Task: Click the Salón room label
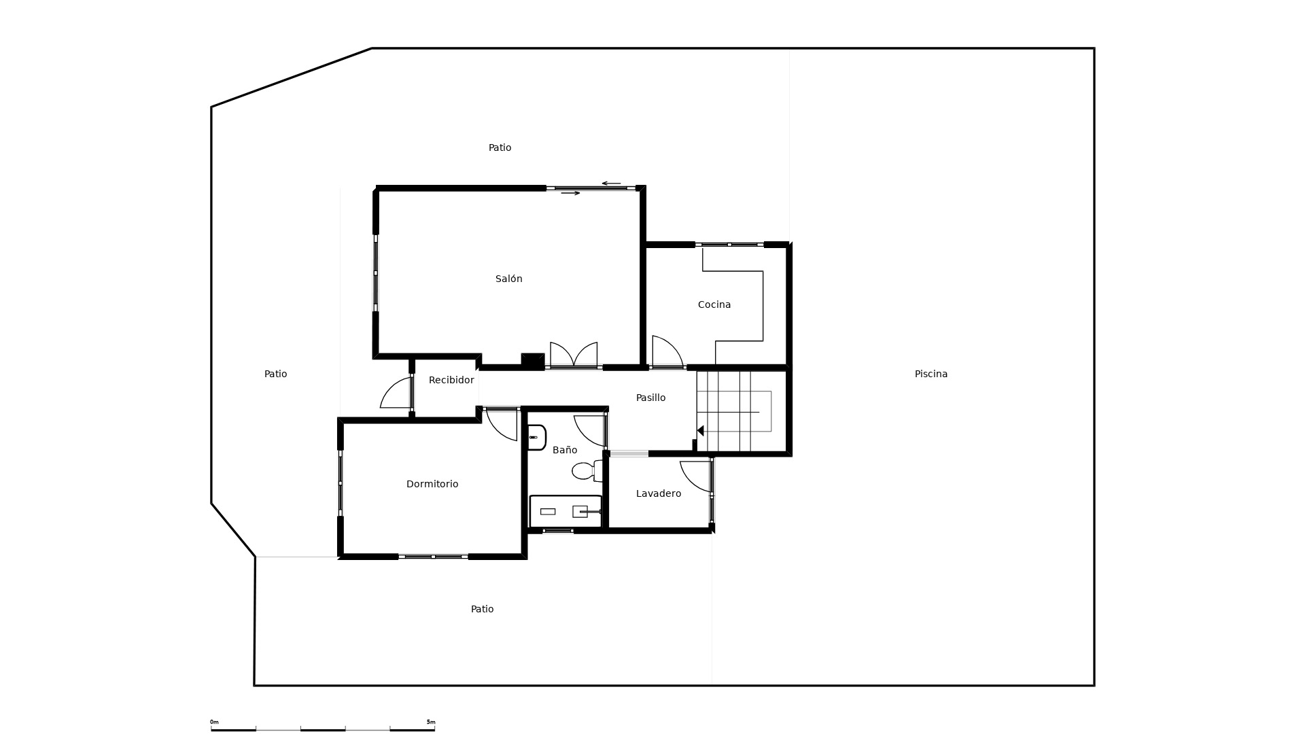(508, 279)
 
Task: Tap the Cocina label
(714, 304)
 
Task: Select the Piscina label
(930, 374)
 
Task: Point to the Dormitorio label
(432, 484)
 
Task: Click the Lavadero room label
(659, 493)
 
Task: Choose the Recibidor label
(451, 380)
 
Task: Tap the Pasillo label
(650, 398)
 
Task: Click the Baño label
(565, 450)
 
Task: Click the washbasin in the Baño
(536, 438)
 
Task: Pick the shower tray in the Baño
(565, 511)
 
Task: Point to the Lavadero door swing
(696, 476)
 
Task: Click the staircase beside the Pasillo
(741, 411)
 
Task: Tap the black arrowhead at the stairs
(701, 431)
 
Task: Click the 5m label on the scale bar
(431, 722)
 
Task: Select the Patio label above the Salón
(500, 147)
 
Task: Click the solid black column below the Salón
(533, 361)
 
